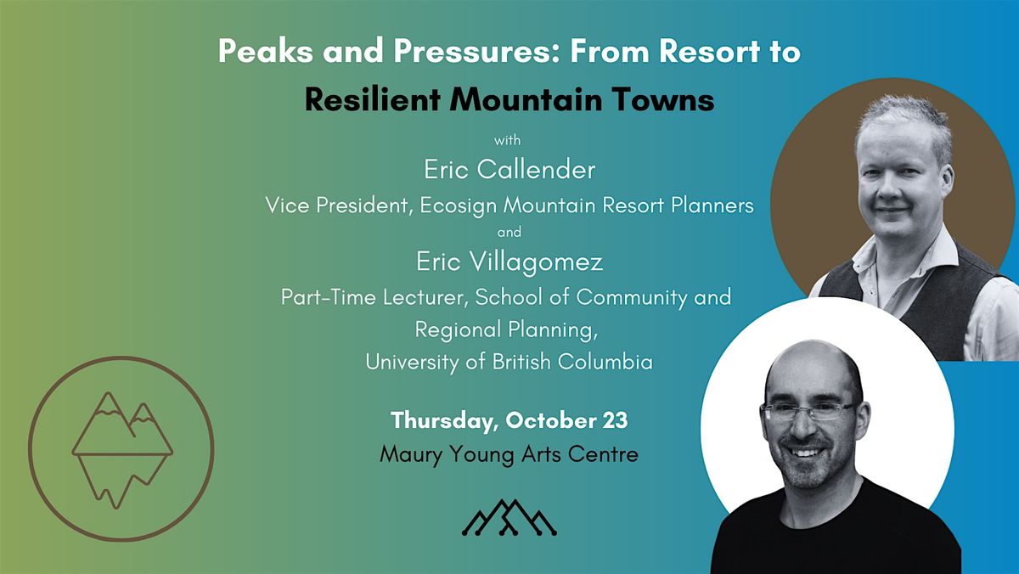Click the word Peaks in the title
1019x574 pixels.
[266, 51]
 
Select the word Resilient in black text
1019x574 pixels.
[373, 99]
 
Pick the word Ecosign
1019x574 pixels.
[458, 205]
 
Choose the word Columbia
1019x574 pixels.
[605, 362]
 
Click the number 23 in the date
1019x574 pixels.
[616, 420]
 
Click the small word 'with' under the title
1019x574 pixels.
[508, 141]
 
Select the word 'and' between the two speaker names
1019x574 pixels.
[509, 233]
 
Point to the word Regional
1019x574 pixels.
[458, 329]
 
